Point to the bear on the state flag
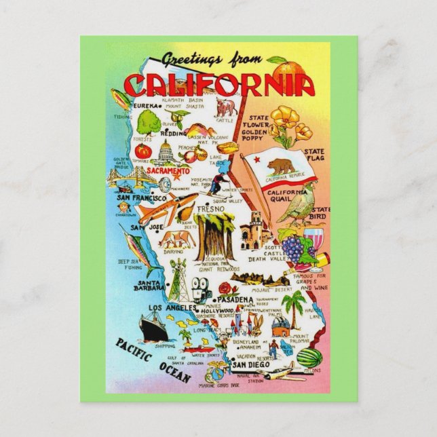tap(279, 167)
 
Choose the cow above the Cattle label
tap(225, 107)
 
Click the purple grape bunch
tap(293, 248)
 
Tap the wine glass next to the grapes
tap(311, 240)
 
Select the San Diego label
tap(248, 364)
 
